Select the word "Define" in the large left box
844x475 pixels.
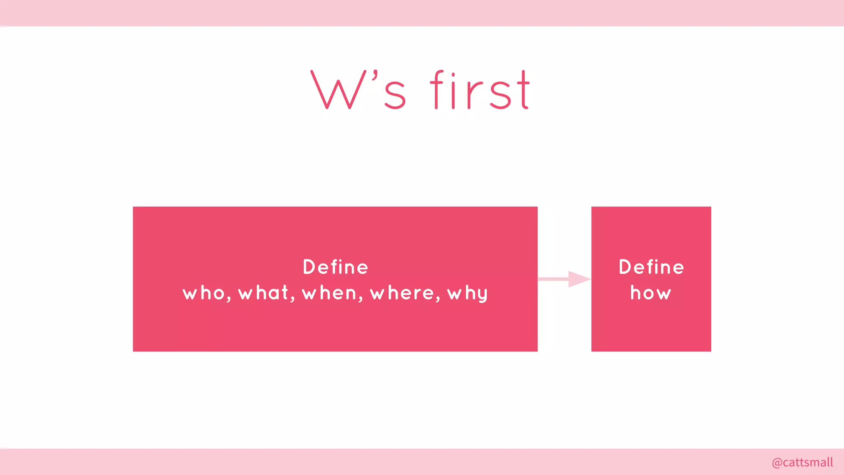(335, 267)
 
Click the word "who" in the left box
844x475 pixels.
(204, 293)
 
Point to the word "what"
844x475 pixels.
(263, 293)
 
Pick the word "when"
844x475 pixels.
(329, 293)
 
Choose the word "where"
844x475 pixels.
(402, 293)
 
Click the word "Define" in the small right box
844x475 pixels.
(651, 267)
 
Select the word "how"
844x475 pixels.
(651, 293)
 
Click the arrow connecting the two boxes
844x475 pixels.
(565, 279)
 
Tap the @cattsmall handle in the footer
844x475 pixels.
(802, 462)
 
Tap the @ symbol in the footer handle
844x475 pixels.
(777, 463)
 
